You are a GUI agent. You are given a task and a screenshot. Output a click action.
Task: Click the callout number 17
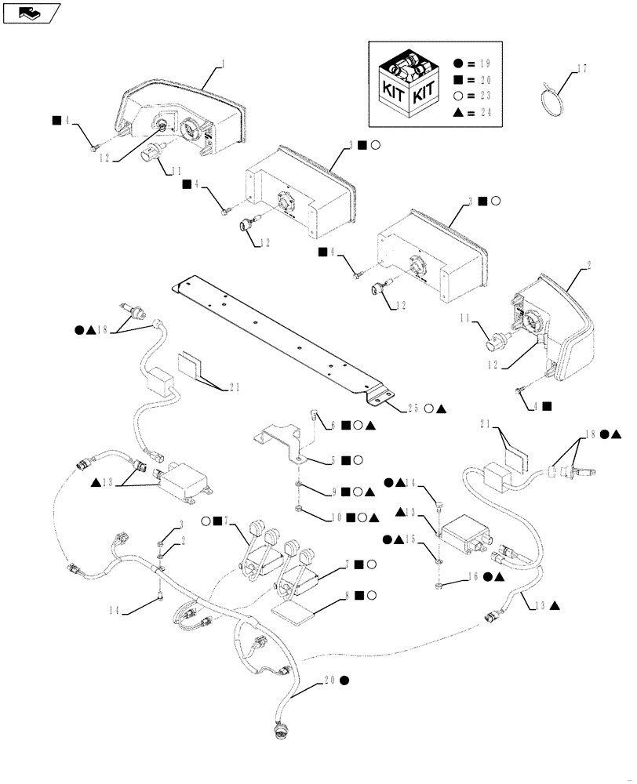[x=581, y=70]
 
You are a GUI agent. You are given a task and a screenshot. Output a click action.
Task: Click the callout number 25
[x=412, y=408]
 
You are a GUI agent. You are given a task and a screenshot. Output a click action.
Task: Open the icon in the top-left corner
[x=31, y=12]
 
